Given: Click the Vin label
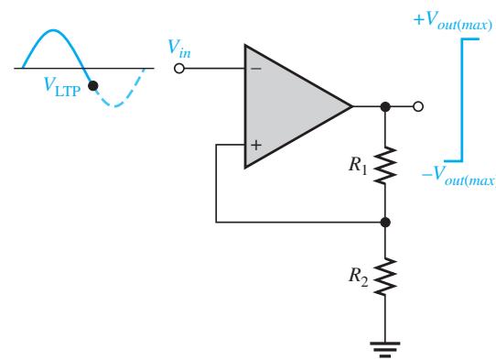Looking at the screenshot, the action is pos(179,49).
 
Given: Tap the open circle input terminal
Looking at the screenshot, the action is pos(179,69).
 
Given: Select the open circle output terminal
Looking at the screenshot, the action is pos(418,106).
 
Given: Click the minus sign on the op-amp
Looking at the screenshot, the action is pos(256,69).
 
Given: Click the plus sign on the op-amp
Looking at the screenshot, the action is pos(256,146).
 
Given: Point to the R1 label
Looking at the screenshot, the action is pos(358,166).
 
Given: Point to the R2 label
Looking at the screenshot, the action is pos(359,277).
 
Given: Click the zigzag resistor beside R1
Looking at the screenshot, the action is pos(385,165).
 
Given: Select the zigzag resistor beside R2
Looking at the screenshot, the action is pos(385,277).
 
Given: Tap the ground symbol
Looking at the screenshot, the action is pos(385,349).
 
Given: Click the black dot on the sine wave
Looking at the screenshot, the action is pos(92,85).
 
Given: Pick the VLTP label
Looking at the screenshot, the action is pos(62,86).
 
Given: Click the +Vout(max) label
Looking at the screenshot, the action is pos(453,21).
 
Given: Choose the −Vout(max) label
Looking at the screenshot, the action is pos(459,175).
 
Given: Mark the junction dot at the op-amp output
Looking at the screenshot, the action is pos(385,106).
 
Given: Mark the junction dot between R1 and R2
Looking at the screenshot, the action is pos(385,223).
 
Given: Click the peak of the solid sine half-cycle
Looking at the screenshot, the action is pos(53,30).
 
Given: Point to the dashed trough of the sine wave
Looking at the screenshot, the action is pos(114,105).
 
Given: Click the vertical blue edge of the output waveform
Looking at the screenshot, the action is pos(462,100).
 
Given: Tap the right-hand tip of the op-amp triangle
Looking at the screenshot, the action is pos(352,106).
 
